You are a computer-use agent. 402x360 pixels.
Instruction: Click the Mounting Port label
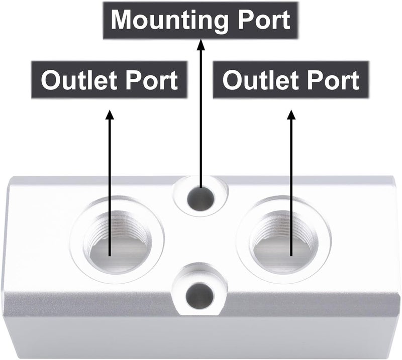tap(200, 21)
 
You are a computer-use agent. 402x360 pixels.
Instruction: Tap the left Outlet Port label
tap(110, 80)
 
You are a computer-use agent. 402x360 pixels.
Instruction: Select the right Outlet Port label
tap(291, 80)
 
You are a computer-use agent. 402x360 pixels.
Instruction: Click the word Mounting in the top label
tap(169, 21)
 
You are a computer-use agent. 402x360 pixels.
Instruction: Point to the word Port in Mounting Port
tap(264, 20)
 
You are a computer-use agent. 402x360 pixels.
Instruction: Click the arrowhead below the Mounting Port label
tap(200, 44)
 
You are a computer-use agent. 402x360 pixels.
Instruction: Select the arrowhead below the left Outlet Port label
tap(110, 114)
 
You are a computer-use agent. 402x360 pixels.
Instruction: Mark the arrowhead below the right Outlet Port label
tap(291, 114)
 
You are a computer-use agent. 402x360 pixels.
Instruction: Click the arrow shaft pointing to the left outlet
tap(110, 188)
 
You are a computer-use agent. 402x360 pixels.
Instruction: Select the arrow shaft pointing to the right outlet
tap(291, 188)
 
